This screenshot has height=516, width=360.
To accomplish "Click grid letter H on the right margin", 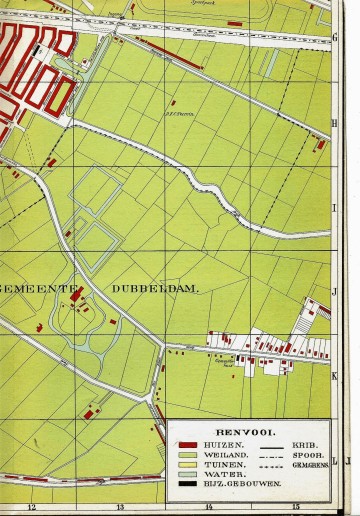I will [x=334, y=124].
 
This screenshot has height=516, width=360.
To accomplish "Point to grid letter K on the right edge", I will [x=335, y=375].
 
